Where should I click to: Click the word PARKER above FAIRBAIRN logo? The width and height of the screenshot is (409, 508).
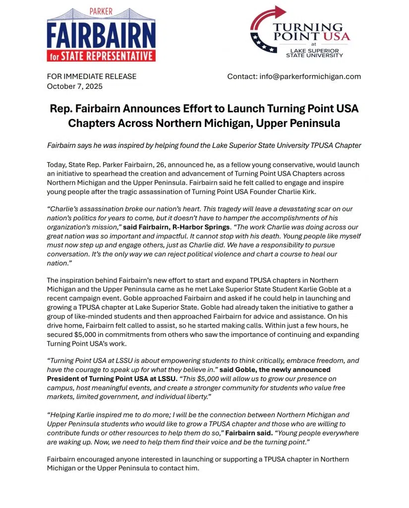(x=101, y=11)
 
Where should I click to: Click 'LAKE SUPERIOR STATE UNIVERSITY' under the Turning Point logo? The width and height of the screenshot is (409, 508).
(x=314, y=53)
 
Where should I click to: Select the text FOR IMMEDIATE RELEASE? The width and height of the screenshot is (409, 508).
(x=92, y=76)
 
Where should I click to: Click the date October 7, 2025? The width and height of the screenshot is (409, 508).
(x=75, y=86)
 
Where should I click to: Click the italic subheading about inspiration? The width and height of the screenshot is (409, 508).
(x=204, y=145)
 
